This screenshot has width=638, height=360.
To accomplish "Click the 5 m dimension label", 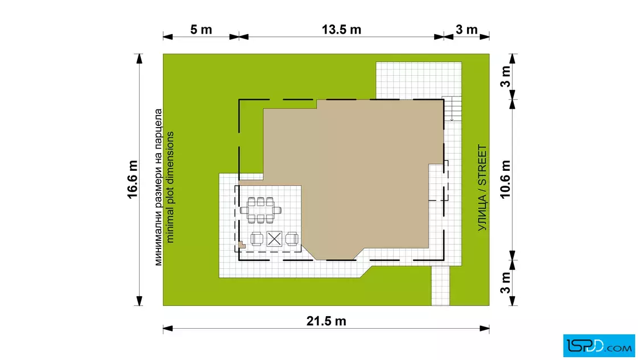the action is coord(201,30).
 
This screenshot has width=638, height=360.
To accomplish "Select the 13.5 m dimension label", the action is coord(341,30).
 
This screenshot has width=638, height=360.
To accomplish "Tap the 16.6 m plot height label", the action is coord(133,179).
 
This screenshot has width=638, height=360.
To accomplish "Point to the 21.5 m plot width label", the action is coord(326,321).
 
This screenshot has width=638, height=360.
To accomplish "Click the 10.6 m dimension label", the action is coord(505,179).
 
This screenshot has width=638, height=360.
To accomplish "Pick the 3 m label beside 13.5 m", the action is coord(467,30).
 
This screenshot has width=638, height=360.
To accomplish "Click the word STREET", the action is coord(482,165).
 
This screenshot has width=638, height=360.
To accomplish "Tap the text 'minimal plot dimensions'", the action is coord(170,187).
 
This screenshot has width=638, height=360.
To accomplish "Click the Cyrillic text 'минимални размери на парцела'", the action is coord(158,187).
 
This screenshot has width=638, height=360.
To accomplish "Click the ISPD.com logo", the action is coord(599,346).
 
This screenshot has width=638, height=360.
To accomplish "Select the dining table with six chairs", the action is coord(260,210).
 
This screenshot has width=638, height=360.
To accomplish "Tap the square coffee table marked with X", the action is coord(274,239).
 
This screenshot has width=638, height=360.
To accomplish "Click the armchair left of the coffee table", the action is coord(256,239).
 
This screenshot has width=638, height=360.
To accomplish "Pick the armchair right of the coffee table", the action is coord(292,239).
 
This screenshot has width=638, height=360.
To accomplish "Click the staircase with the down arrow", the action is coord(452,109).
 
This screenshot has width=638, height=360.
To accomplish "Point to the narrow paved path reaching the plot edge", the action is coord(440,285).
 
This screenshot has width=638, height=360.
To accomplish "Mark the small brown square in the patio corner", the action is coord(242,244).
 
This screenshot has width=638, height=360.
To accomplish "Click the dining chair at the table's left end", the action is coord(244,210).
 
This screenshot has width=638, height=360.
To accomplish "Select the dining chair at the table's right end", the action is coord(277,210).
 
